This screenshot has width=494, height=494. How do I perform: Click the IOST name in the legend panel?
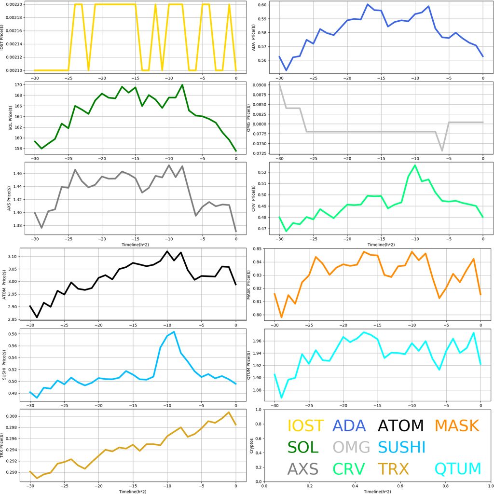pos(305,425)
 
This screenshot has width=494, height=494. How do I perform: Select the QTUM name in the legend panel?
pos(458,468)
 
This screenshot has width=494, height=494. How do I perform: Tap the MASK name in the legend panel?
pos(456,425)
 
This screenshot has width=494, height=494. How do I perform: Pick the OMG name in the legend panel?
pos(351,447)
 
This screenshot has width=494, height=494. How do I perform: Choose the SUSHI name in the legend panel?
pos(401,447)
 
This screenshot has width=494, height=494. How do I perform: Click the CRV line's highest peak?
pos(415,165)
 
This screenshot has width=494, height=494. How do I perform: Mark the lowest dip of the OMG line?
pos(442,151)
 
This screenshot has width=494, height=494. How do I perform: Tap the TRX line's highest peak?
pos(229,412)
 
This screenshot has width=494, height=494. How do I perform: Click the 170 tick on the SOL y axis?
pos(19,85)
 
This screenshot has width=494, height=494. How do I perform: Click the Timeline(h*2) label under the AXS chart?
pos(136,245)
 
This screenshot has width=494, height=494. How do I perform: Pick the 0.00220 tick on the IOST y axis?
pos(13,4)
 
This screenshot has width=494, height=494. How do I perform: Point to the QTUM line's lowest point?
pos(282,398)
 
